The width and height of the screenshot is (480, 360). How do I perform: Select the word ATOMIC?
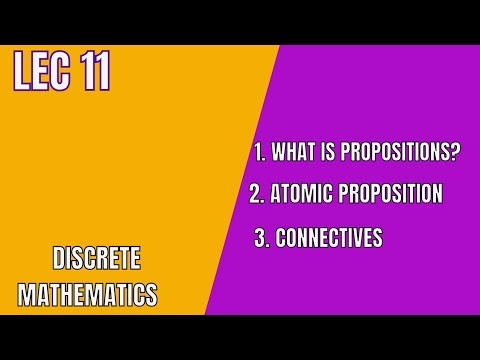[304, 194]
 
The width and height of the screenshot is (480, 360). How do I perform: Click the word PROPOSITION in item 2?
[391, 194]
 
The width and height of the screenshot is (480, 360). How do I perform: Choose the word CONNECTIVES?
[327, 239]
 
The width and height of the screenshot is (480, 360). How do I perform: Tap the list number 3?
[260, 239]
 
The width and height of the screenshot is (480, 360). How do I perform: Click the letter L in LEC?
[20, 73]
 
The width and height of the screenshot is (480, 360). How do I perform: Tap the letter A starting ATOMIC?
[277, 194]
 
